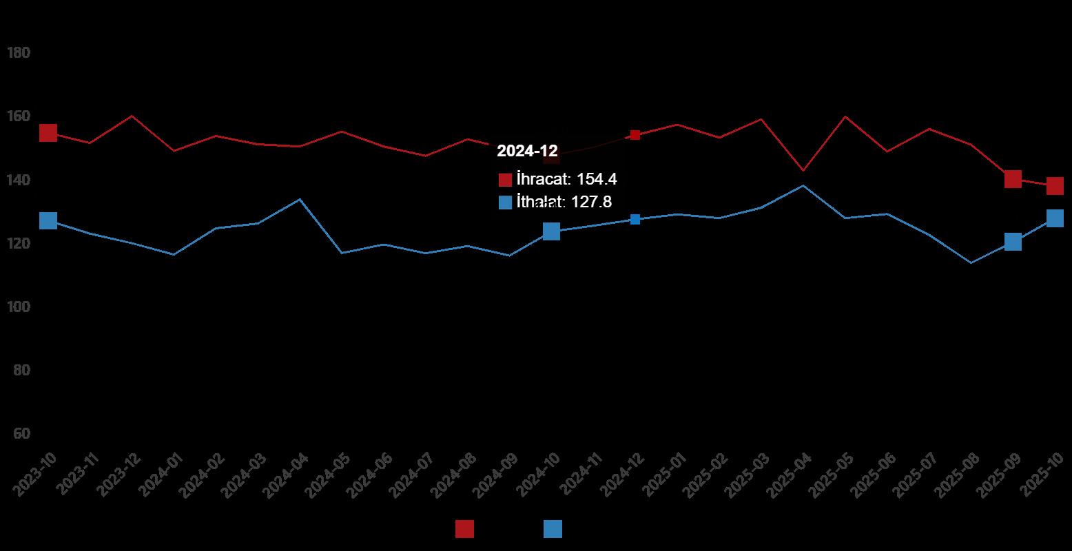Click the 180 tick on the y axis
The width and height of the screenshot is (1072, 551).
pos(18,53)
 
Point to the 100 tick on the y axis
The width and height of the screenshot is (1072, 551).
pos(18,306)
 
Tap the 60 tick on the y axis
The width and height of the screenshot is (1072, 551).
pos(21,433)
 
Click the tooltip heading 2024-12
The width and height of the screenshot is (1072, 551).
pos(527,152)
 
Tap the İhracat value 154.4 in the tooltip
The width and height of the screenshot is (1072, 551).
pos(597,180)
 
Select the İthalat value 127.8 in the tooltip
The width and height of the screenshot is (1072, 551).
pos(592,202)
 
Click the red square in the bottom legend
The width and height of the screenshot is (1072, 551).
pos(464,529)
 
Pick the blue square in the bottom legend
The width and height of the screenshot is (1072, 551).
pos(553,529)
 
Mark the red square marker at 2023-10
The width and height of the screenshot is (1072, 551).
pos(48,133)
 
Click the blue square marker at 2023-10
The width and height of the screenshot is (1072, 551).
pos(48,220)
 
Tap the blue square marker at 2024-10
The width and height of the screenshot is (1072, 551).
pos(551,231)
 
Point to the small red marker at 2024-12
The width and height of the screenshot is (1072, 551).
pos(635,135)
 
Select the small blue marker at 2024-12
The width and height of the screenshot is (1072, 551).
pos(635,219)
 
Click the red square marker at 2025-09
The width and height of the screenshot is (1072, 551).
pos(1013,179)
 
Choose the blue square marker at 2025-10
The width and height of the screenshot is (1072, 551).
pos(1055,218)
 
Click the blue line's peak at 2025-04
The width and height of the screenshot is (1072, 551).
pos(803,185)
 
